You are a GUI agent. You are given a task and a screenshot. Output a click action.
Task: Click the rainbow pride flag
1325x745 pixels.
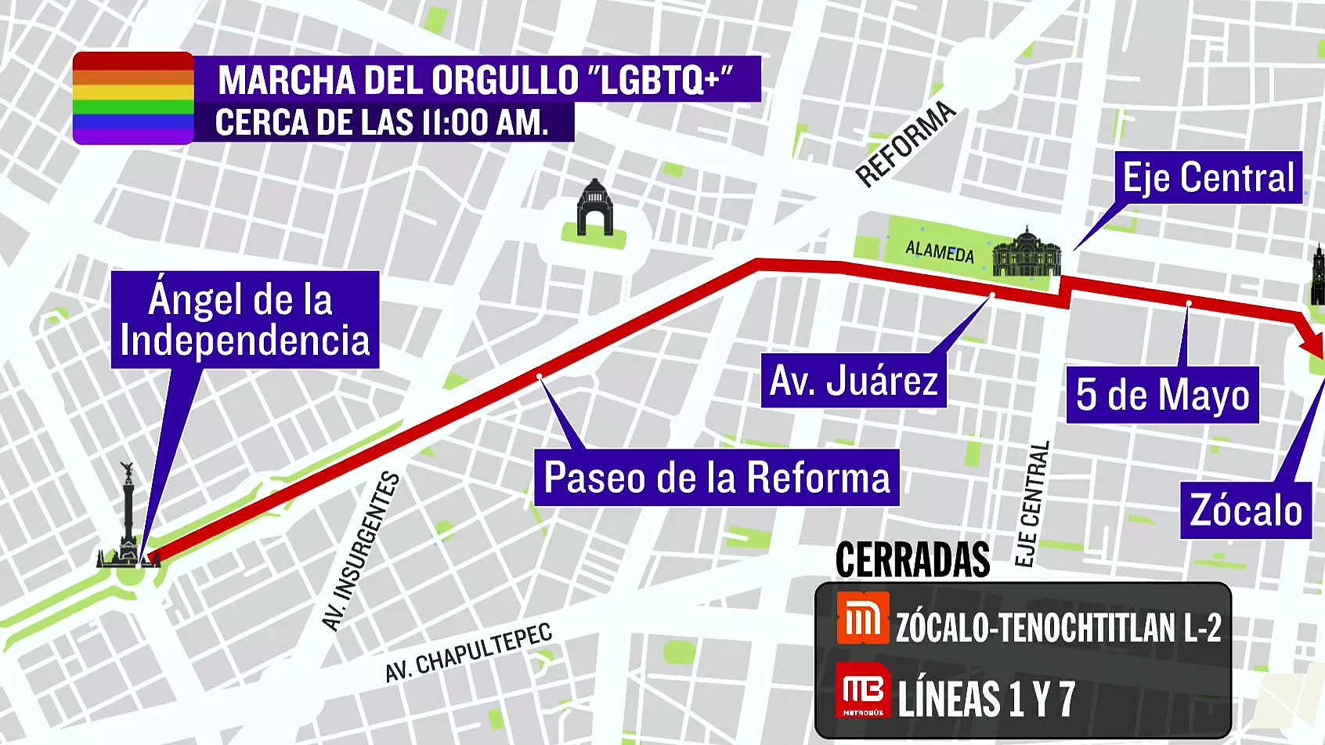133,98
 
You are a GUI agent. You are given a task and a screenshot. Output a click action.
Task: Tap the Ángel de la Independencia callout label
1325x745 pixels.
244,320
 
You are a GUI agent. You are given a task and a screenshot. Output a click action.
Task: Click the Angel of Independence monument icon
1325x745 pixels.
128,517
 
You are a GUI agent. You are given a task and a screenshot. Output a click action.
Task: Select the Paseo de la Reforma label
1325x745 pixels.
717,477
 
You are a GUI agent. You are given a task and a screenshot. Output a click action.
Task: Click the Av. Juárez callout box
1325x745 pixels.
853,381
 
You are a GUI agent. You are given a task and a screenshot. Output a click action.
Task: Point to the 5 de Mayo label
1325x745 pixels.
1162,395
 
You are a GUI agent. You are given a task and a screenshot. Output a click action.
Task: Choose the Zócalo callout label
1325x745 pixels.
1245,511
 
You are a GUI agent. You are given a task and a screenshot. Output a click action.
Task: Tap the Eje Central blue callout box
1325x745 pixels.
1208,178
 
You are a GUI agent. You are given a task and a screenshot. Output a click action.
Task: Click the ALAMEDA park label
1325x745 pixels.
939,251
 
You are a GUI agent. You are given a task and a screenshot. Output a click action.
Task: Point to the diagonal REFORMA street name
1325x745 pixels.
905,144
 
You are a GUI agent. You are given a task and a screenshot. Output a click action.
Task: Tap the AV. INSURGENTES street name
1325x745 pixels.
361,551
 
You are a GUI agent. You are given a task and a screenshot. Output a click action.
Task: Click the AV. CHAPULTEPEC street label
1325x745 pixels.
468,653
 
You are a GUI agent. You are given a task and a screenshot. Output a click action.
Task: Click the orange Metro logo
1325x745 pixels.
862,619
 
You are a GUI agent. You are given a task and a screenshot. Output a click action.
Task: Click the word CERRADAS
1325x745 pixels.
912,560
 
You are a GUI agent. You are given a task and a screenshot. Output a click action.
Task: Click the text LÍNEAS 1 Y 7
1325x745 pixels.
986,699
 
